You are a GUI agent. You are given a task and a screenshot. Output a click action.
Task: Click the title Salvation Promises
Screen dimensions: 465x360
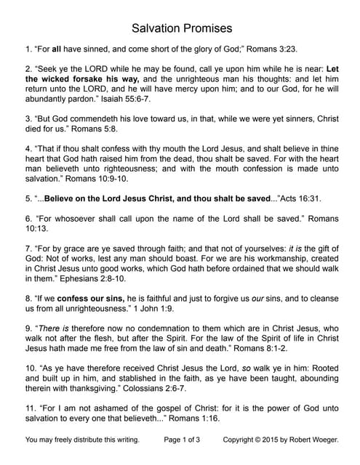[182, 28]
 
